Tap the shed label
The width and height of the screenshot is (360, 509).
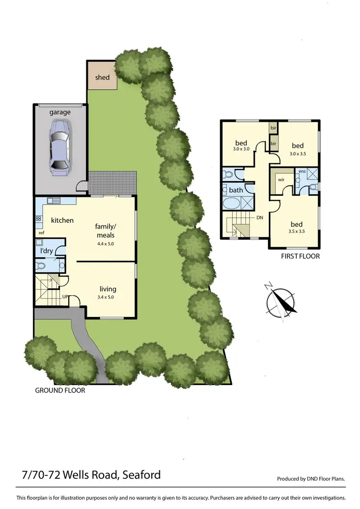[x=102, y=77]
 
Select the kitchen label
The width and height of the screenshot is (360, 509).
[x=62, y=220]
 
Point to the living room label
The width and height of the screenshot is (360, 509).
[x=108, y=289]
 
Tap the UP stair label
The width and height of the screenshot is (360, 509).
[x=65, y=297]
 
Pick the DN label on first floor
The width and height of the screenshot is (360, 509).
[x=260, y=217]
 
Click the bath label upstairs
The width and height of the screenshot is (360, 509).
[x=236, y=190]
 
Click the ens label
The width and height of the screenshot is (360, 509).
[x=302, y=171]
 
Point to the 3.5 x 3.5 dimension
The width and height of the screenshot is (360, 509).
[x=297, y=232]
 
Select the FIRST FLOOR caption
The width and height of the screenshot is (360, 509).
[x=300, y=256]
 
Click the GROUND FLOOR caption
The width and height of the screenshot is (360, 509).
[x=60, y=390]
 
